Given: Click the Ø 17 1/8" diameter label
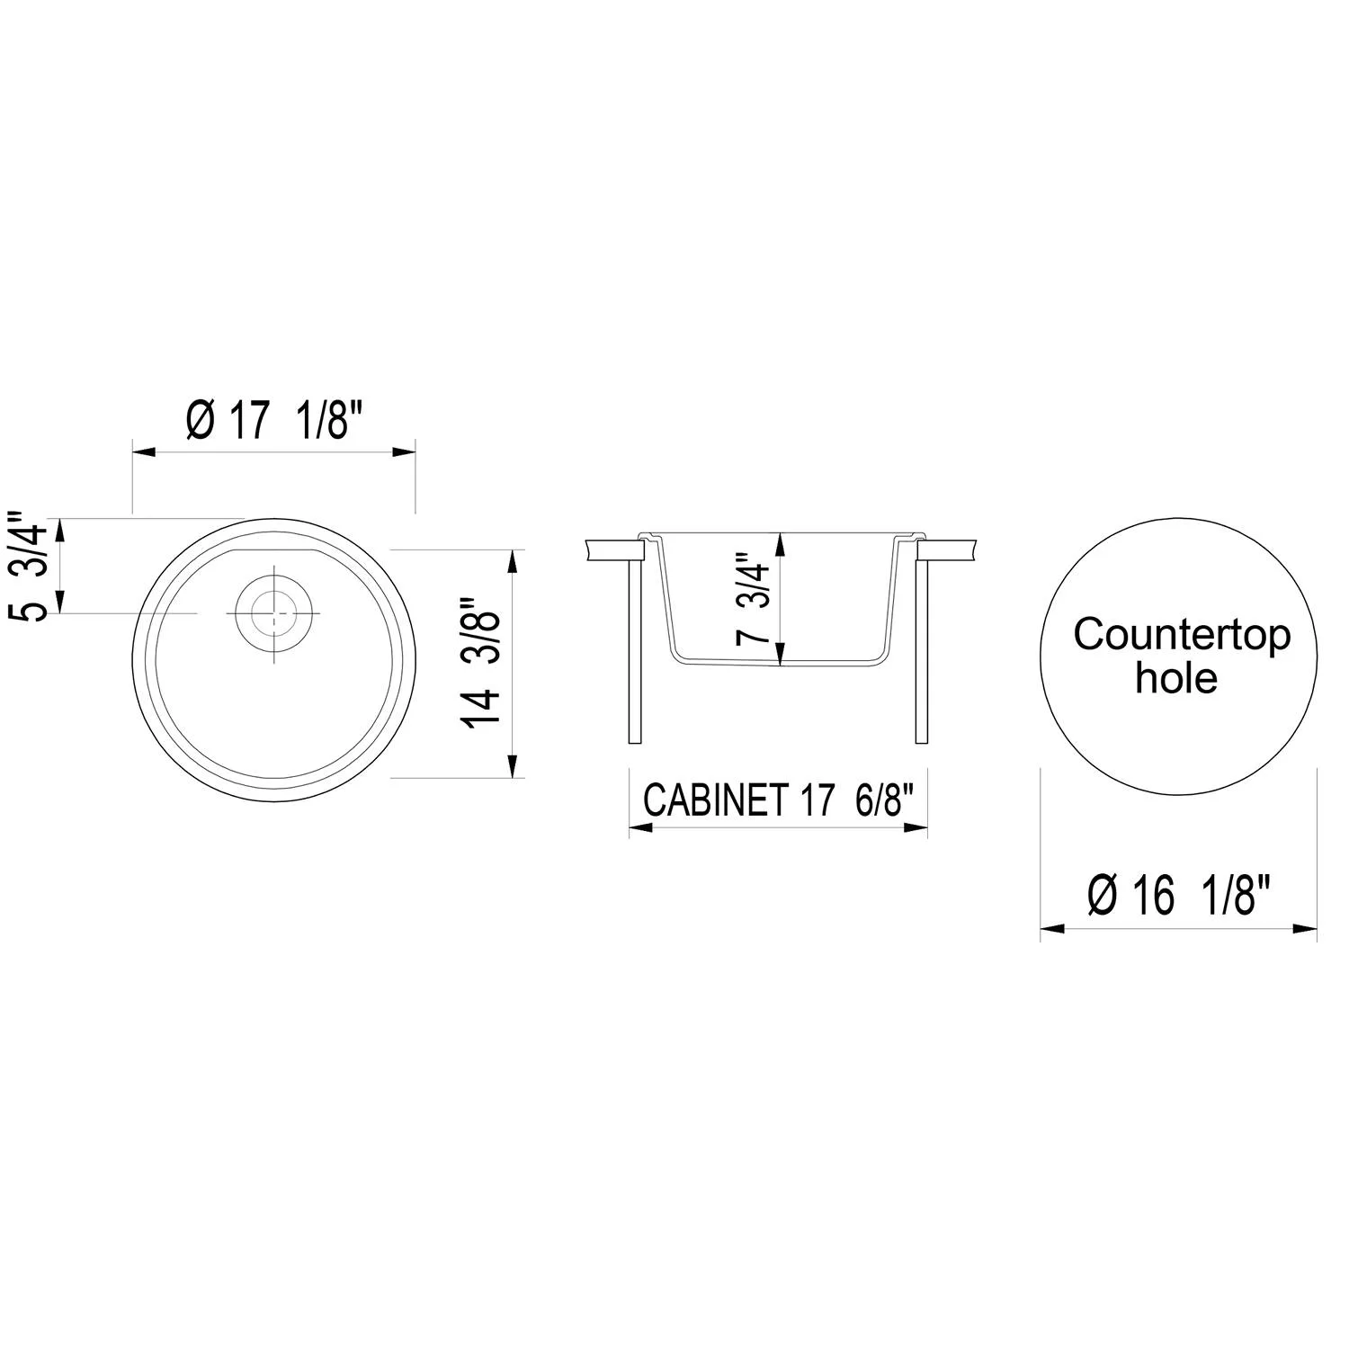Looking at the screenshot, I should click(274, 419).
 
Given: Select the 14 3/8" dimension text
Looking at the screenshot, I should click(479, 663).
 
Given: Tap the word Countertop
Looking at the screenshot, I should click(1181, 635).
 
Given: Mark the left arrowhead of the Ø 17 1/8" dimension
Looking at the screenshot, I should click(144, 451).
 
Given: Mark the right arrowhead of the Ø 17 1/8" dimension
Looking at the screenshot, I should click(404, 451).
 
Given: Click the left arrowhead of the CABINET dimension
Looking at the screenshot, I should click(640, 827).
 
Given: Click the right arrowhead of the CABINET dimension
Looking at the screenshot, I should click(916, 827).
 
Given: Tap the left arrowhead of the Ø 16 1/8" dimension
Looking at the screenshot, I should click(1052, 927).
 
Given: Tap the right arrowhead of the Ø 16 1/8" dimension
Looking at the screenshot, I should click(1305, 927).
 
